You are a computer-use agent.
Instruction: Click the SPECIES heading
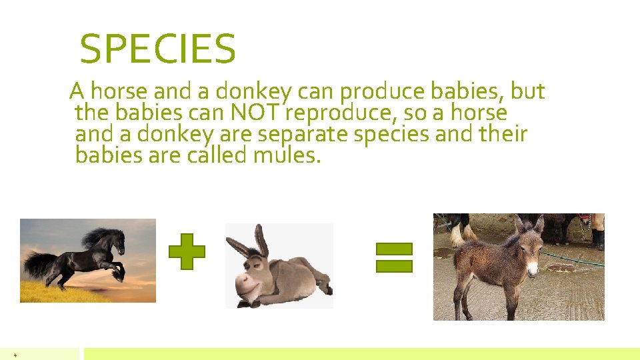tap(157, 49)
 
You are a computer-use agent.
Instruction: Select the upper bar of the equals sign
tap(394, 250)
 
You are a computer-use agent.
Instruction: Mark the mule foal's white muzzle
tap(531, 269)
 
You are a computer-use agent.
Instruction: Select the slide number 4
tap(15, 355)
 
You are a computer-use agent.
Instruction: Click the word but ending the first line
tap(528, 91)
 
